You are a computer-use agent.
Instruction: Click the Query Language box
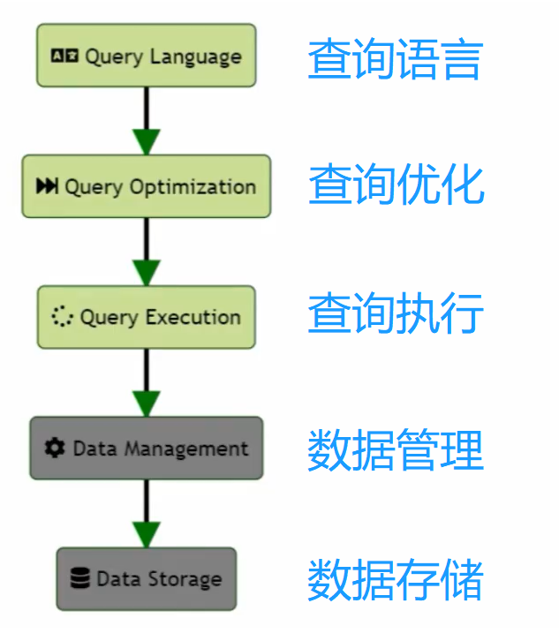tap(146, 56)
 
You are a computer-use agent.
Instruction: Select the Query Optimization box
tap(146, 186)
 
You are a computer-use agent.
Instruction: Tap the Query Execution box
tap(146, 317)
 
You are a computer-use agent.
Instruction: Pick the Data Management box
tap(146, 448)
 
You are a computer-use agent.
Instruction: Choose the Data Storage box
tap(146, 578)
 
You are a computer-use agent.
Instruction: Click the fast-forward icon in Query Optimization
tap(47, 186)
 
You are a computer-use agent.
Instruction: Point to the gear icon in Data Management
tap(55, 449)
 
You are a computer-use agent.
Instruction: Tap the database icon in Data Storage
tap(80, 579)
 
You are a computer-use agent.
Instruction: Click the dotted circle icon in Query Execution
tap(62, 317)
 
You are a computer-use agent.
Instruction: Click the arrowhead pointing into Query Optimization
tap(147, 141)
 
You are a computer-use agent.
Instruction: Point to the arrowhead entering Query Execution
tap(147, 272)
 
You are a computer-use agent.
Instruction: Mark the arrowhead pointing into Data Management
tap(147, 403)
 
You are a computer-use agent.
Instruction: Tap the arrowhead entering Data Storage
tap(147, 533)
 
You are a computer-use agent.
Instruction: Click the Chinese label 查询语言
tap(395, 59)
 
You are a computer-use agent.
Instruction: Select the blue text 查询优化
tap(396, 185)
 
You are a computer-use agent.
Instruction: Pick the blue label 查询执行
tap(395, 314)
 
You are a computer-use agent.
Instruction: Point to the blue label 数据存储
tap(395, 579)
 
